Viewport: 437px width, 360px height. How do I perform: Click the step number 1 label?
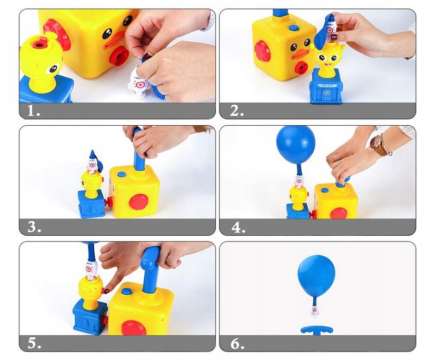tap(33, 112)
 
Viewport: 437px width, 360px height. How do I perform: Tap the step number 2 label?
tap(237, 112)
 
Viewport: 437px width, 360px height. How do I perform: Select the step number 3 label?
tap(34, 227)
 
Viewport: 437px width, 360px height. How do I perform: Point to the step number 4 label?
tap(238, 227)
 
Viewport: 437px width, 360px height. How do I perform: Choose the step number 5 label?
tap(34, 344)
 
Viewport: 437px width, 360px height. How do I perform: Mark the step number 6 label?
tap(237, 344)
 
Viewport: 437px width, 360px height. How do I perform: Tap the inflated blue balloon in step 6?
tap(316, 277)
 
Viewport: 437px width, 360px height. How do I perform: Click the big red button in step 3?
tap(138, 202)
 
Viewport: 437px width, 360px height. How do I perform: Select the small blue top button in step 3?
tap(122, 174)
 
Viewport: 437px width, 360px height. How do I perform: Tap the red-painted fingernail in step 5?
tap(106, 290)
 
